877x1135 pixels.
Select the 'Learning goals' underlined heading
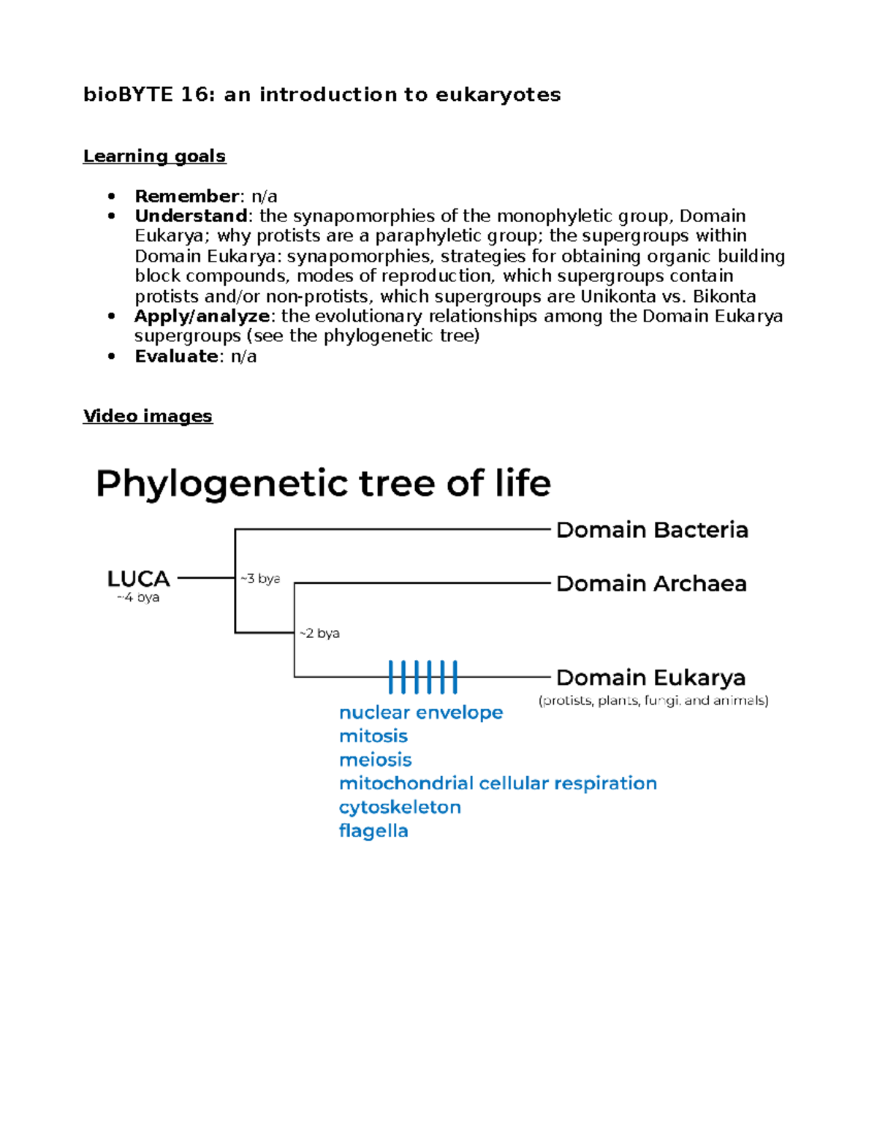(x=154, y=156)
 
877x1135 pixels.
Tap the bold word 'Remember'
(x=186, y=196)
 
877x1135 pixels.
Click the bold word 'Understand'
(x=191, y=216)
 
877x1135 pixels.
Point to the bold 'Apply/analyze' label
(x=202, y=316)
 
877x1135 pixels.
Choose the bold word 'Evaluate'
(x=176, y=356)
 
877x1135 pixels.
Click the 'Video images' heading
(x=148, y=416)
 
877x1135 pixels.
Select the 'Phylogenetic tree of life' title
(x=323, y=484)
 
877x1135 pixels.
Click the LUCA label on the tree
(x=139, y=579)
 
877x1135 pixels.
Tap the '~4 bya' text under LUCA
(x=138, y=597)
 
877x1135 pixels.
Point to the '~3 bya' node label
(x=260, y=579)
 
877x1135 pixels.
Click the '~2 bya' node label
(x=319, y=633)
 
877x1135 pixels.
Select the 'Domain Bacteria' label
(x=652, y=530)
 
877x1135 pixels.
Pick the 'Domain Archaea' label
(x=651, y=584)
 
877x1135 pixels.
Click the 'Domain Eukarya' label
(x=650, y=677)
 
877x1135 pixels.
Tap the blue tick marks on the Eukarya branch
(x=422, y=677)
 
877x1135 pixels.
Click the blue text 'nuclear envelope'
(x=421, y=713)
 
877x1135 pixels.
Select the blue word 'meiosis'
(x=375, y=760)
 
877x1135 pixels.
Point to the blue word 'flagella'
(x=373, y=831)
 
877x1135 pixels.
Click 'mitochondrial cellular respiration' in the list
(x=498, y=783)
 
